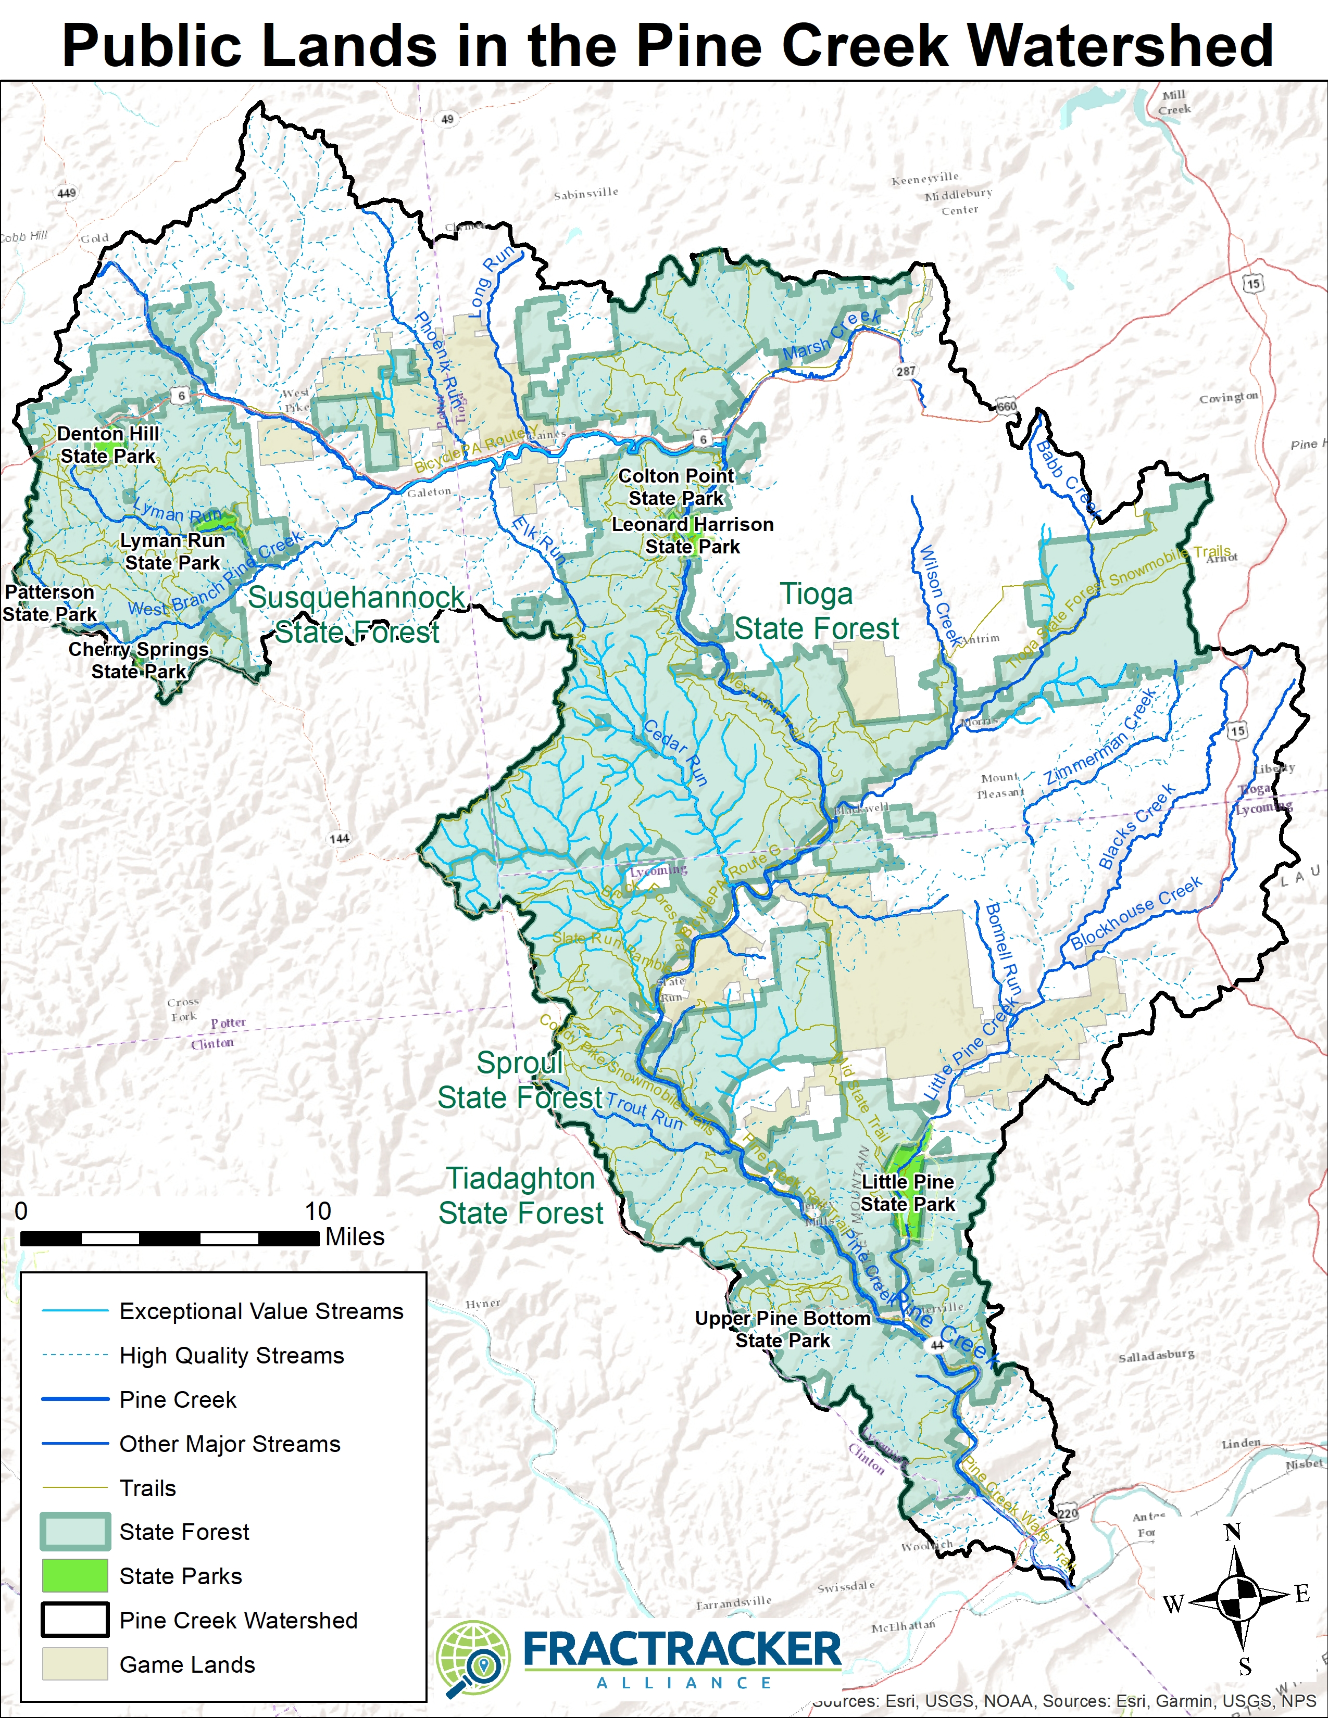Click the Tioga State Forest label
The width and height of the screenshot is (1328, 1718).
pyautogui.click(x=817, y=611)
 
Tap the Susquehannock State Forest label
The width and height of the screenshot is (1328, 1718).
pyautogui.click(x=356, y=614)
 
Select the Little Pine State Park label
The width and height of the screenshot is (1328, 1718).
pyautogui.click(x=907, y=1193)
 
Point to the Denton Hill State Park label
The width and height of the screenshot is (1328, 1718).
pyautogui.click(x=108, y=445)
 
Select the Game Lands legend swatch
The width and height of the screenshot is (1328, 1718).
pyautogui.click(x=75, y=1664)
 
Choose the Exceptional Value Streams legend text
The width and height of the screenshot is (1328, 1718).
pyautogui.click(x=261, y=1311)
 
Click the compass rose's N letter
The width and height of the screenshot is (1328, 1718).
pyautogui.click(x=1233, y=1532)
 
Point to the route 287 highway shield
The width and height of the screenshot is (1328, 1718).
pyautogui.click(x=906, y=371)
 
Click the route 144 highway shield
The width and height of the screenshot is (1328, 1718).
pyautogui.click(x=339, y=839)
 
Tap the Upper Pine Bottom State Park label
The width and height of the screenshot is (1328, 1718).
pyautogui.click(x=783, y=1330)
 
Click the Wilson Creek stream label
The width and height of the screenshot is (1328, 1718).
pyautogui.click(x=940, y=596)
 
